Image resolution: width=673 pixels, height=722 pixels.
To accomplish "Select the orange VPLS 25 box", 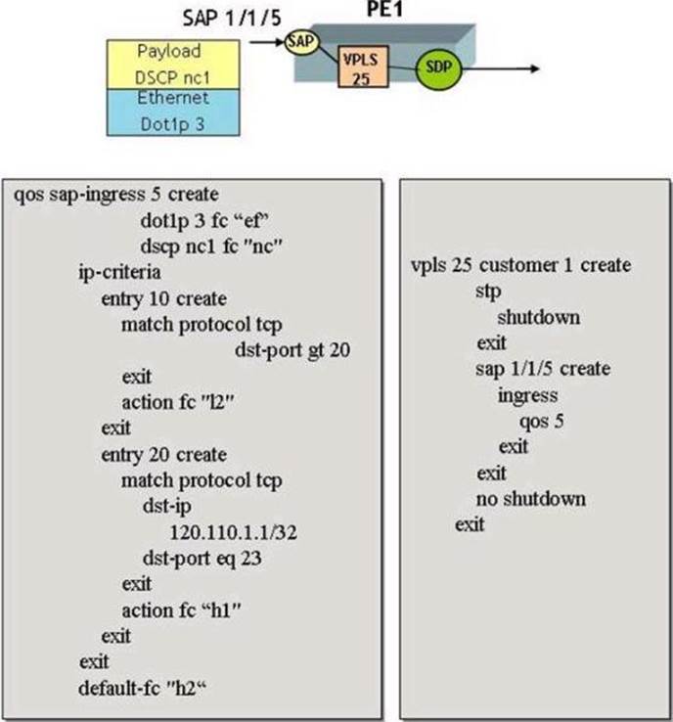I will tap(358, 67).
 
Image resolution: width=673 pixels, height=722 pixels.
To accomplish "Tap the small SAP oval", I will tap(299, 42).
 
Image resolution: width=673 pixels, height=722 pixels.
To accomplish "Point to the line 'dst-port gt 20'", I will tap(292, 350).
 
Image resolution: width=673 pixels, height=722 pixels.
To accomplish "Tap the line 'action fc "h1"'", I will tap(181, 610).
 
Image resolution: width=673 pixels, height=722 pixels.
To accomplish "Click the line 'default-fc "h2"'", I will tap(147, 687).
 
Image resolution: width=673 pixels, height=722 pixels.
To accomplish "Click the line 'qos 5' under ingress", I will tap(542, 421).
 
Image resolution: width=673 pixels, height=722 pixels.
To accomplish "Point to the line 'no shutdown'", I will tap(531, 499).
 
